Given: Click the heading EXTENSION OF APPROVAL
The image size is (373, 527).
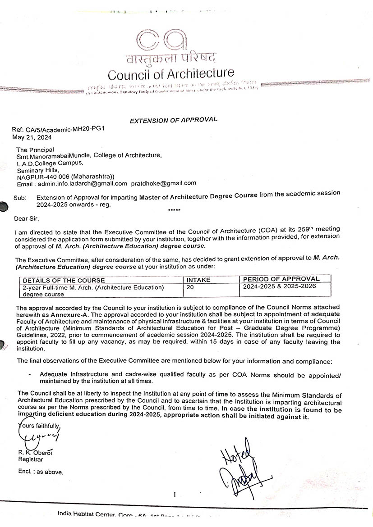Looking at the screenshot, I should [x=174, y=120].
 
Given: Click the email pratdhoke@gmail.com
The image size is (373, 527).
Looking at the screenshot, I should [x=164, y=183].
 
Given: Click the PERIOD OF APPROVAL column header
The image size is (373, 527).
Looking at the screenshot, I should [x=281, y=279].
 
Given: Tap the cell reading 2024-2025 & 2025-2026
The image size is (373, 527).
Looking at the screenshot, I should [x=280, y=286].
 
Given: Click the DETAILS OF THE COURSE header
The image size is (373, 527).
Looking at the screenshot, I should [x=64, y=280].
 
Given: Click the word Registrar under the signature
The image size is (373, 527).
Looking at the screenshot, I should [x=30, y=459].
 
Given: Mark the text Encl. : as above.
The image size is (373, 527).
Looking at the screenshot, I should [x=41, y=472].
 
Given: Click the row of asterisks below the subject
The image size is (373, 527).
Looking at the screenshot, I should [x=174, y=211].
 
